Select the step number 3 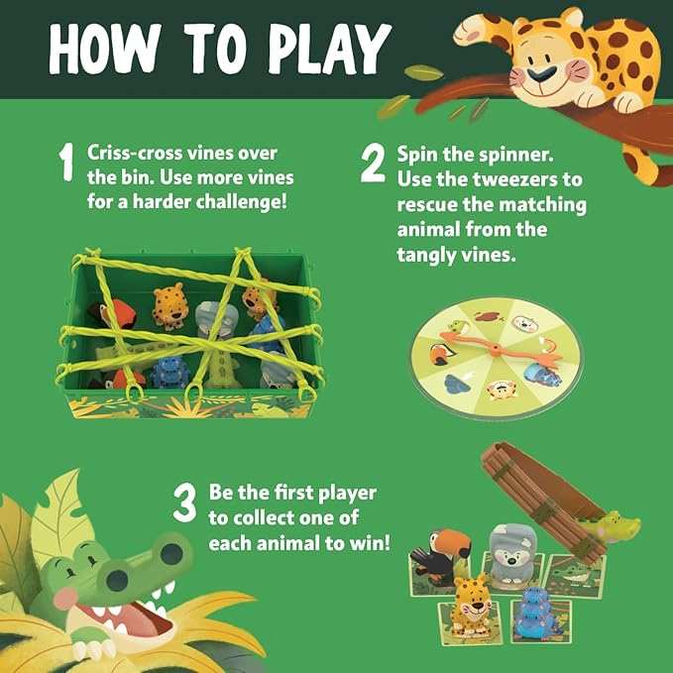coord(184,505)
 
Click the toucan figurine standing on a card coord(440,560)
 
